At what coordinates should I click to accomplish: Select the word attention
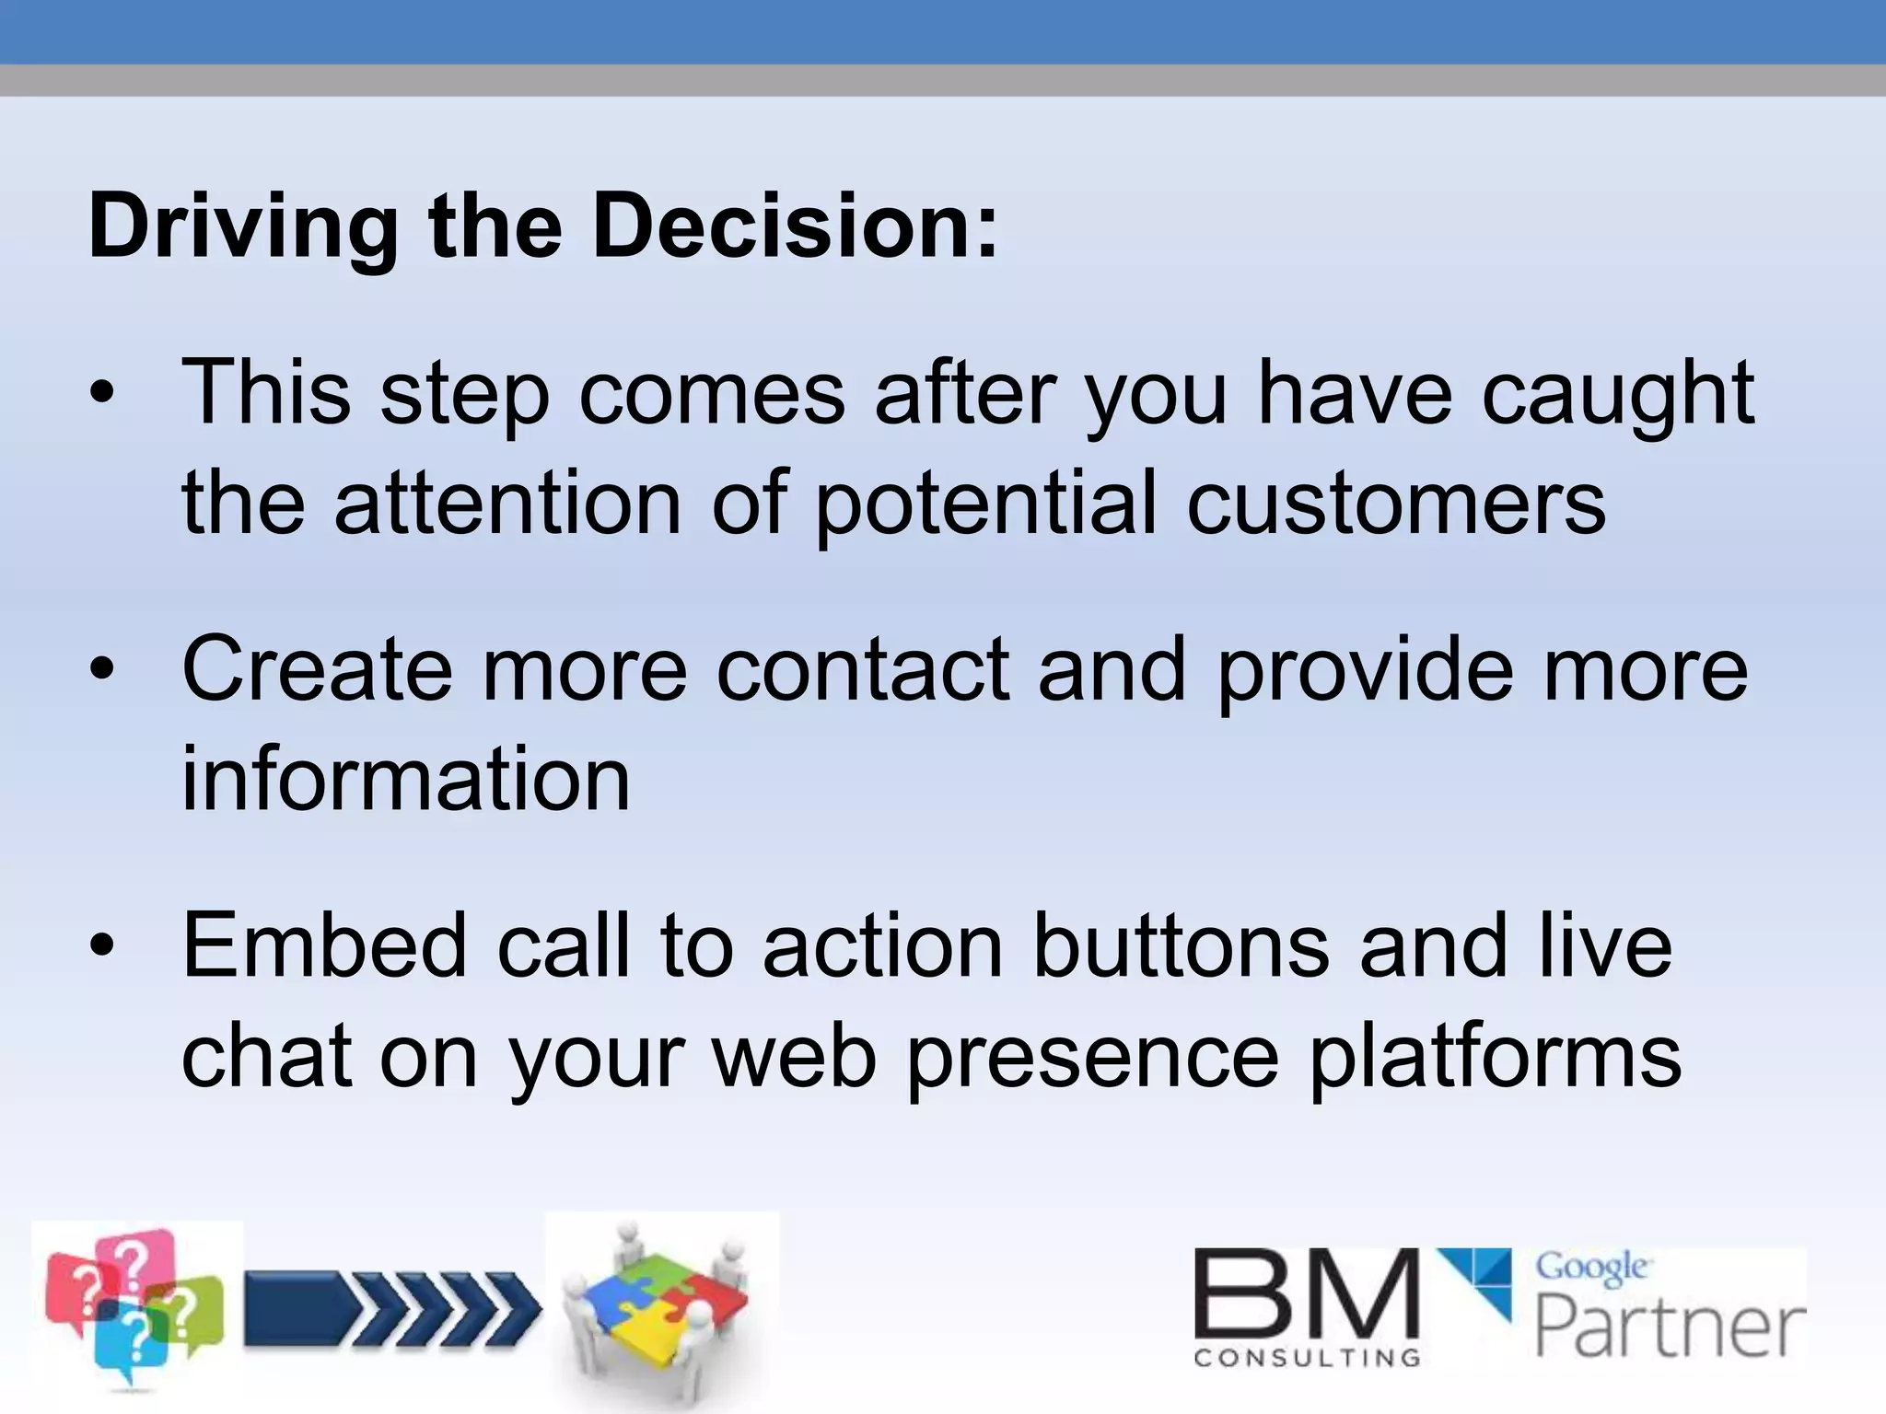click(507, 503)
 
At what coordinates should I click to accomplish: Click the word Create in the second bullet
click(317, 670)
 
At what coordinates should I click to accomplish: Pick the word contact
click(862, 670)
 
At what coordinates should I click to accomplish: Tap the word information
click(406, 779)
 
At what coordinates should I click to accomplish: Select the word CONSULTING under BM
click(1307, 1358)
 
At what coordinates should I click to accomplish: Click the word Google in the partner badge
click(1591, 1269)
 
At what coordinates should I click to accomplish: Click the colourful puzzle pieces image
click(661, 1307)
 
